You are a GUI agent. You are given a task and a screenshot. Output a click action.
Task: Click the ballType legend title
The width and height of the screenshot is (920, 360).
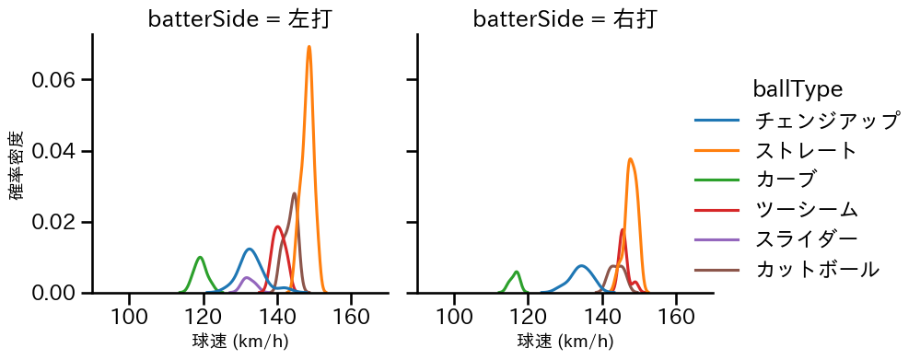click(x=798, y=89)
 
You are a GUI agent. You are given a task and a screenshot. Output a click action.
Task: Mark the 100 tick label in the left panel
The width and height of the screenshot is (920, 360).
click(x=130, y=316)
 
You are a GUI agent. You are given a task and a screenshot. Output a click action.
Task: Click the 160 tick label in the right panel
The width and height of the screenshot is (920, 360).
click(x=677, y=316)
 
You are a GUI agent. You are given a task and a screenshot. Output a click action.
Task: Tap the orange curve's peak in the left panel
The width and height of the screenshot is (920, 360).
click(x=309, y=46)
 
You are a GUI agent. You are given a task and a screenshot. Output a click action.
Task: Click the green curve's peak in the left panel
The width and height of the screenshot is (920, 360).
click(x=200, y=257)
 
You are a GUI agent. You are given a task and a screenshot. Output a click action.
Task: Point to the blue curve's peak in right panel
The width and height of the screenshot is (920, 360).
click(x=581, y=266)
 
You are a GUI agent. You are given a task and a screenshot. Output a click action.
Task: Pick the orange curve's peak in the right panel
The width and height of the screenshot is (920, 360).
click(x=630, y=158)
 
